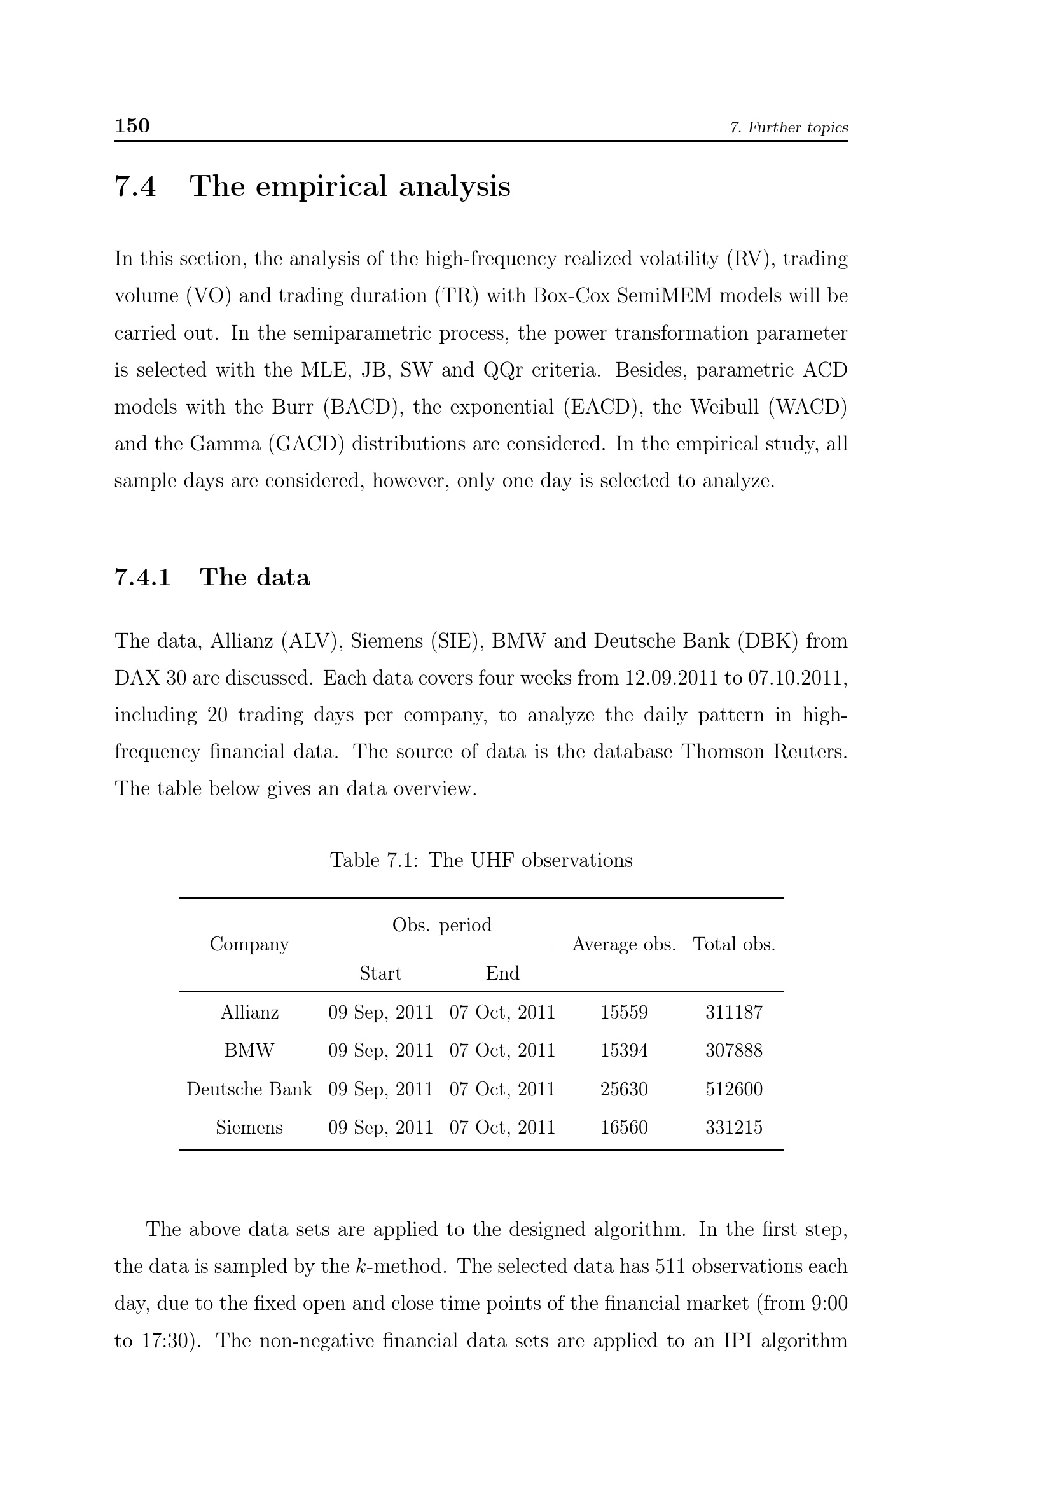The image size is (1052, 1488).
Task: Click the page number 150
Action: tap(132, 125)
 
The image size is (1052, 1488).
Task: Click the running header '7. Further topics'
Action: tap(788, 128)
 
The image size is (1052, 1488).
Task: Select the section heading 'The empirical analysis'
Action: tap(350, 186)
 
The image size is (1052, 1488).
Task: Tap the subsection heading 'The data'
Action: tap(254, 577)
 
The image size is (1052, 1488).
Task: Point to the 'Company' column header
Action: tap(249, 944)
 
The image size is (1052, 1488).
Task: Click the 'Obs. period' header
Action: tap(442, 925)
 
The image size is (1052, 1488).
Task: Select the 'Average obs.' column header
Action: tap(623, 944)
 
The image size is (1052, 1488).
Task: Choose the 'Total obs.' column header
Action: tap(734, 944)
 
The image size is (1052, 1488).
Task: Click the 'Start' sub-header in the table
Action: tap(380, 973)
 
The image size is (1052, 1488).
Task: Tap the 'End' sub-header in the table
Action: tap(502, 973)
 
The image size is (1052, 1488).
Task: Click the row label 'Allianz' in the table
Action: tap(249, 1012)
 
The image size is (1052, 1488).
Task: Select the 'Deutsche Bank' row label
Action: tap(249, 1088)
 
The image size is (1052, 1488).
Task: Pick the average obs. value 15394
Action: tap(623, 1050)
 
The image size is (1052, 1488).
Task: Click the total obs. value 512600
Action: tap(734, 1088)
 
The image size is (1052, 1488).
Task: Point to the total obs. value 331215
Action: tap(734, 1127)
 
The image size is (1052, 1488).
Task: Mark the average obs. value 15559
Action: tap(623, 1012)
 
